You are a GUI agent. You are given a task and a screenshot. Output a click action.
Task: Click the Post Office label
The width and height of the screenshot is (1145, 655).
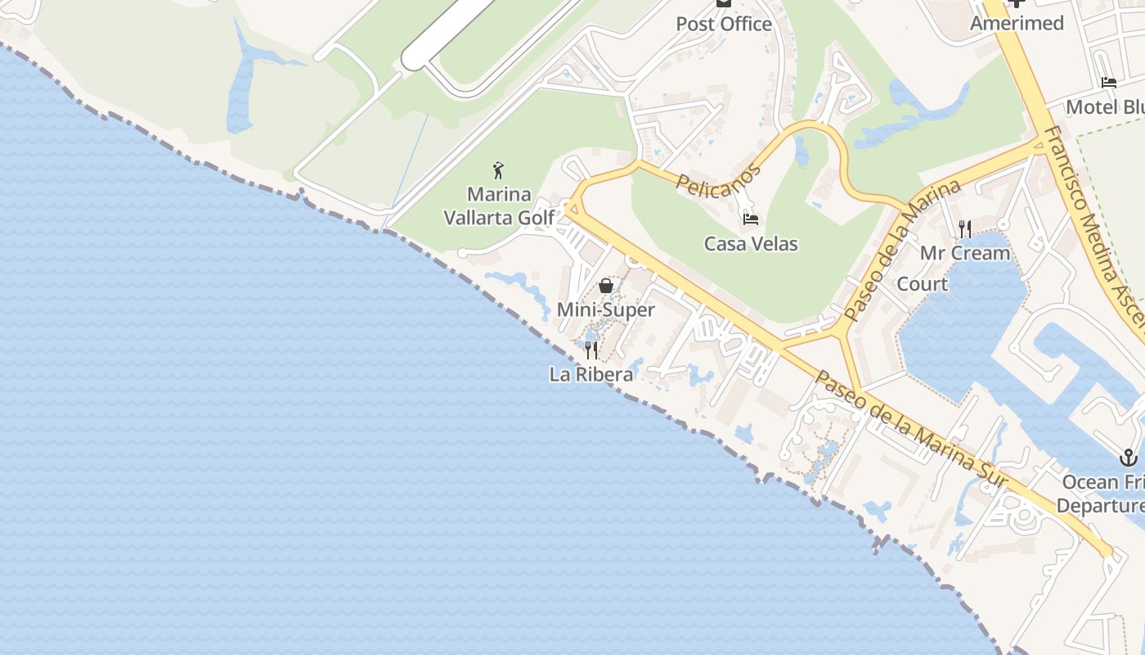pos(724,24)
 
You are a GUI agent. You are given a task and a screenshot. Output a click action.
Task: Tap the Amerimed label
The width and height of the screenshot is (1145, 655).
pos(1017,23)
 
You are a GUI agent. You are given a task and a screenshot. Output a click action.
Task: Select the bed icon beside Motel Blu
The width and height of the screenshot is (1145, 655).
pos(1108,83)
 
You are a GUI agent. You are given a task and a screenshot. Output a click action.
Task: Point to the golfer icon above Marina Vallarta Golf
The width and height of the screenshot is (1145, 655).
pos(498,170)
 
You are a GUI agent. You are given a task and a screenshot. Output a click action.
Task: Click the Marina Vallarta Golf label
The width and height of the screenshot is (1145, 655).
pos(499,206)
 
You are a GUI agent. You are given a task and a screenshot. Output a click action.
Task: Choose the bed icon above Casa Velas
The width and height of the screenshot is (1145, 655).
pos(750,219)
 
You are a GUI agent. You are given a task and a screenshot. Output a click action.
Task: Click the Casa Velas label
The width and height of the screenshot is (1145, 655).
pos(751,243)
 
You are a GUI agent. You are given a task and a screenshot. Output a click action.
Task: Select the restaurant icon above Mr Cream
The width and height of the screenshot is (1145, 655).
pos(965,228)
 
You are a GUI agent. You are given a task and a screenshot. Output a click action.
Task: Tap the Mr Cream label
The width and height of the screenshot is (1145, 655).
pos(965,253)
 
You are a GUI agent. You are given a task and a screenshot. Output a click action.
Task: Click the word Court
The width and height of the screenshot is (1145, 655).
pos(923,284)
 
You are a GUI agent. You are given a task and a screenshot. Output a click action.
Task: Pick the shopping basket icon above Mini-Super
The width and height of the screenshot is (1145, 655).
pos(606,286)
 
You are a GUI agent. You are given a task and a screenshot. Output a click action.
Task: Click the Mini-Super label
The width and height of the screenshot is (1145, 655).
pos(606,309)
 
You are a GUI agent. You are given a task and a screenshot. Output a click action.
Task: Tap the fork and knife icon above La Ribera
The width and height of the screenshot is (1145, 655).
pos(590,350)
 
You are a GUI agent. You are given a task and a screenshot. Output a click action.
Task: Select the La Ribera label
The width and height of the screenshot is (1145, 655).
pos(591,374)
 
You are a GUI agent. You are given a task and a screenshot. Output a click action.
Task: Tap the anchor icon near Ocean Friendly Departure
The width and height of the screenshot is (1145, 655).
pos(1129,457)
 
